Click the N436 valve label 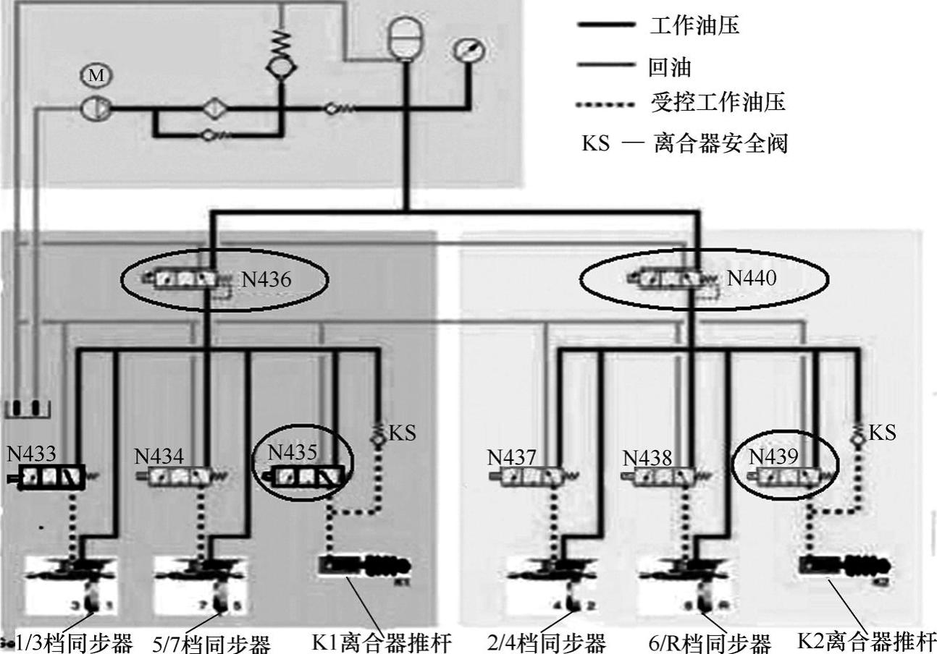coord(266,279)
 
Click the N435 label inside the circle coord(293,452)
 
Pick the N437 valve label coord(512,457)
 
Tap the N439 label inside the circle coord(773,456)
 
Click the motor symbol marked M coord(96,75)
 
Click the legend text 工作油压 coord(694,27)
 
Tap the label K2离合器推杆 coord(866,640)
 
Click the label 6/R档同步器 coord(709,642)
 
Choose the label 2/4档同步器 coord(546,642)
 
